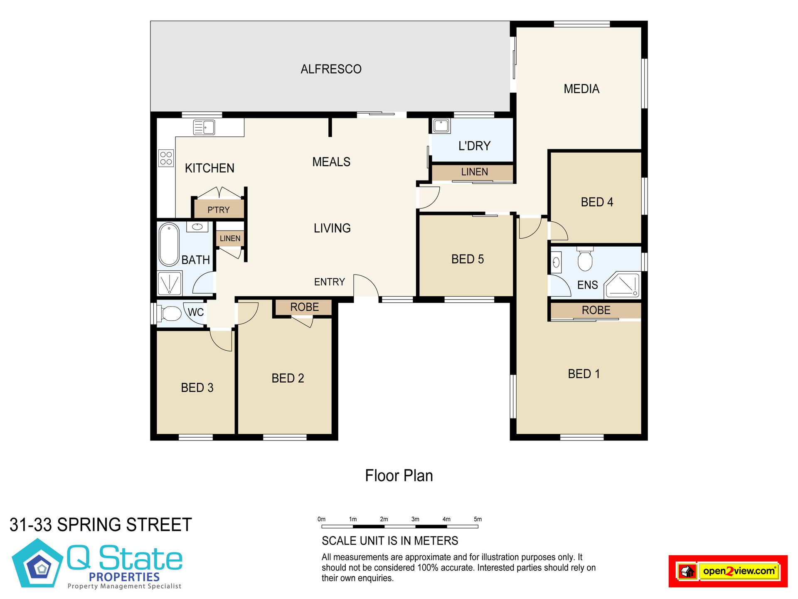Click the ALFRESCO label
point(331,69)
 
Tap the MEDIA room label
point(581,89)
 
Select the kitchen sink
point(204,127)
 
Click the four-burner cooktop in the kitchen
point(166,158)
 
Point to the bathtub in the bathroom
point(169,244)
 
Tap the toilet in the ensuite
point(585,259)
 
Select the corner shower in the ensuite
point(622,285)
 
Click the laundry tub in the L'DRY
point(441,126)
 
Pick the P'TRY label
point(219,210)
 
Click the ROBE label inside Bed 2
point(305,307)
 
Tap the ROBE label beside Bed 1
point(596,310)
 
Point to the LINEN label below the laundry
point(475,172)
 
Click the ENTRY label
point(330,282)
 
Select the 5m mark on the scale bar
point(478,519)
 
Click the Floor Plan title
point(399,476)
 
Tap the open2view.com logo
point(728,571)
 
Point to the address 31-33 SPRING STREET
point(101,525)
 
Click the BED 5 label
point(468,259)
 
